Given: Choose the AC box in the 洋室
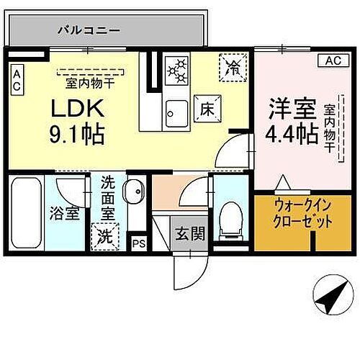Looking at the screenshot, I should (x=332, y=60).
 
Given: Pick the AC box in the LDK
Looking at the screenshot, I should (x=17, y=78).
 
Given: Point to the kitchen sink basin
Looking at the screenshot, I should (x=175, y=110).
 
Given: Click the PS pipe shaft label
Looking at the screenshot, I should (x=139, y=243).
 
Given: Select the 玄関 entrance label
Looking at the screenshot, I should (x=189, y=233).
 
